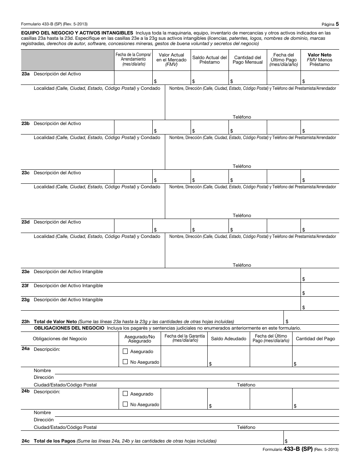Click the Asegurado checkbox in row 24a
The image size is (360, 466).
125,352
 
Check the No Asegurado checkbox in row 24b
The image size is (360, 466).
125,405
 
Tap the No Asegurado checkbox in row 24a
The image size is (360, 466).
125,362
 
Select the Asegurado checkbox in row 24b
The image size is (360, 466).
125,394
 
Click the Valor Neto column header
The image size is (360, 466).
319,59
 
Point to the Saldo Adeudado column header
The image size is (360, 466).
229,339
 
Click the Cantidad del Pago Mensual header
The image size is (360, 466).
248,60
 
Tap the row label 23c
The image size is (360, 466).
25,173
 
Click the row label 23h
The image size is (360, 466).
25,321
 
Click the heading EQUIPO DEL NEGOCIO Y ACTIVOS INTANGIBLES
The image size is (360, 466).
77,33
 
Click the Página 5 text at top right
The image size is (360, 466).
330,24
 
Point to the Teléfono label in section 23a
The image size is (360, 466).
242,117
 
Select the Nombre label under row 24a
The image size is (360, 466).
42,371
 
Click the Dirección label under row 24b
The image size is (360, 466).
44,420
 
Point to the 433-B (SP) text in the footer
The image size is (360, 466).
298,449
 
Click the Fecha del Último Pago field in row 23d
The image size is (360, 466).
283,226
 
